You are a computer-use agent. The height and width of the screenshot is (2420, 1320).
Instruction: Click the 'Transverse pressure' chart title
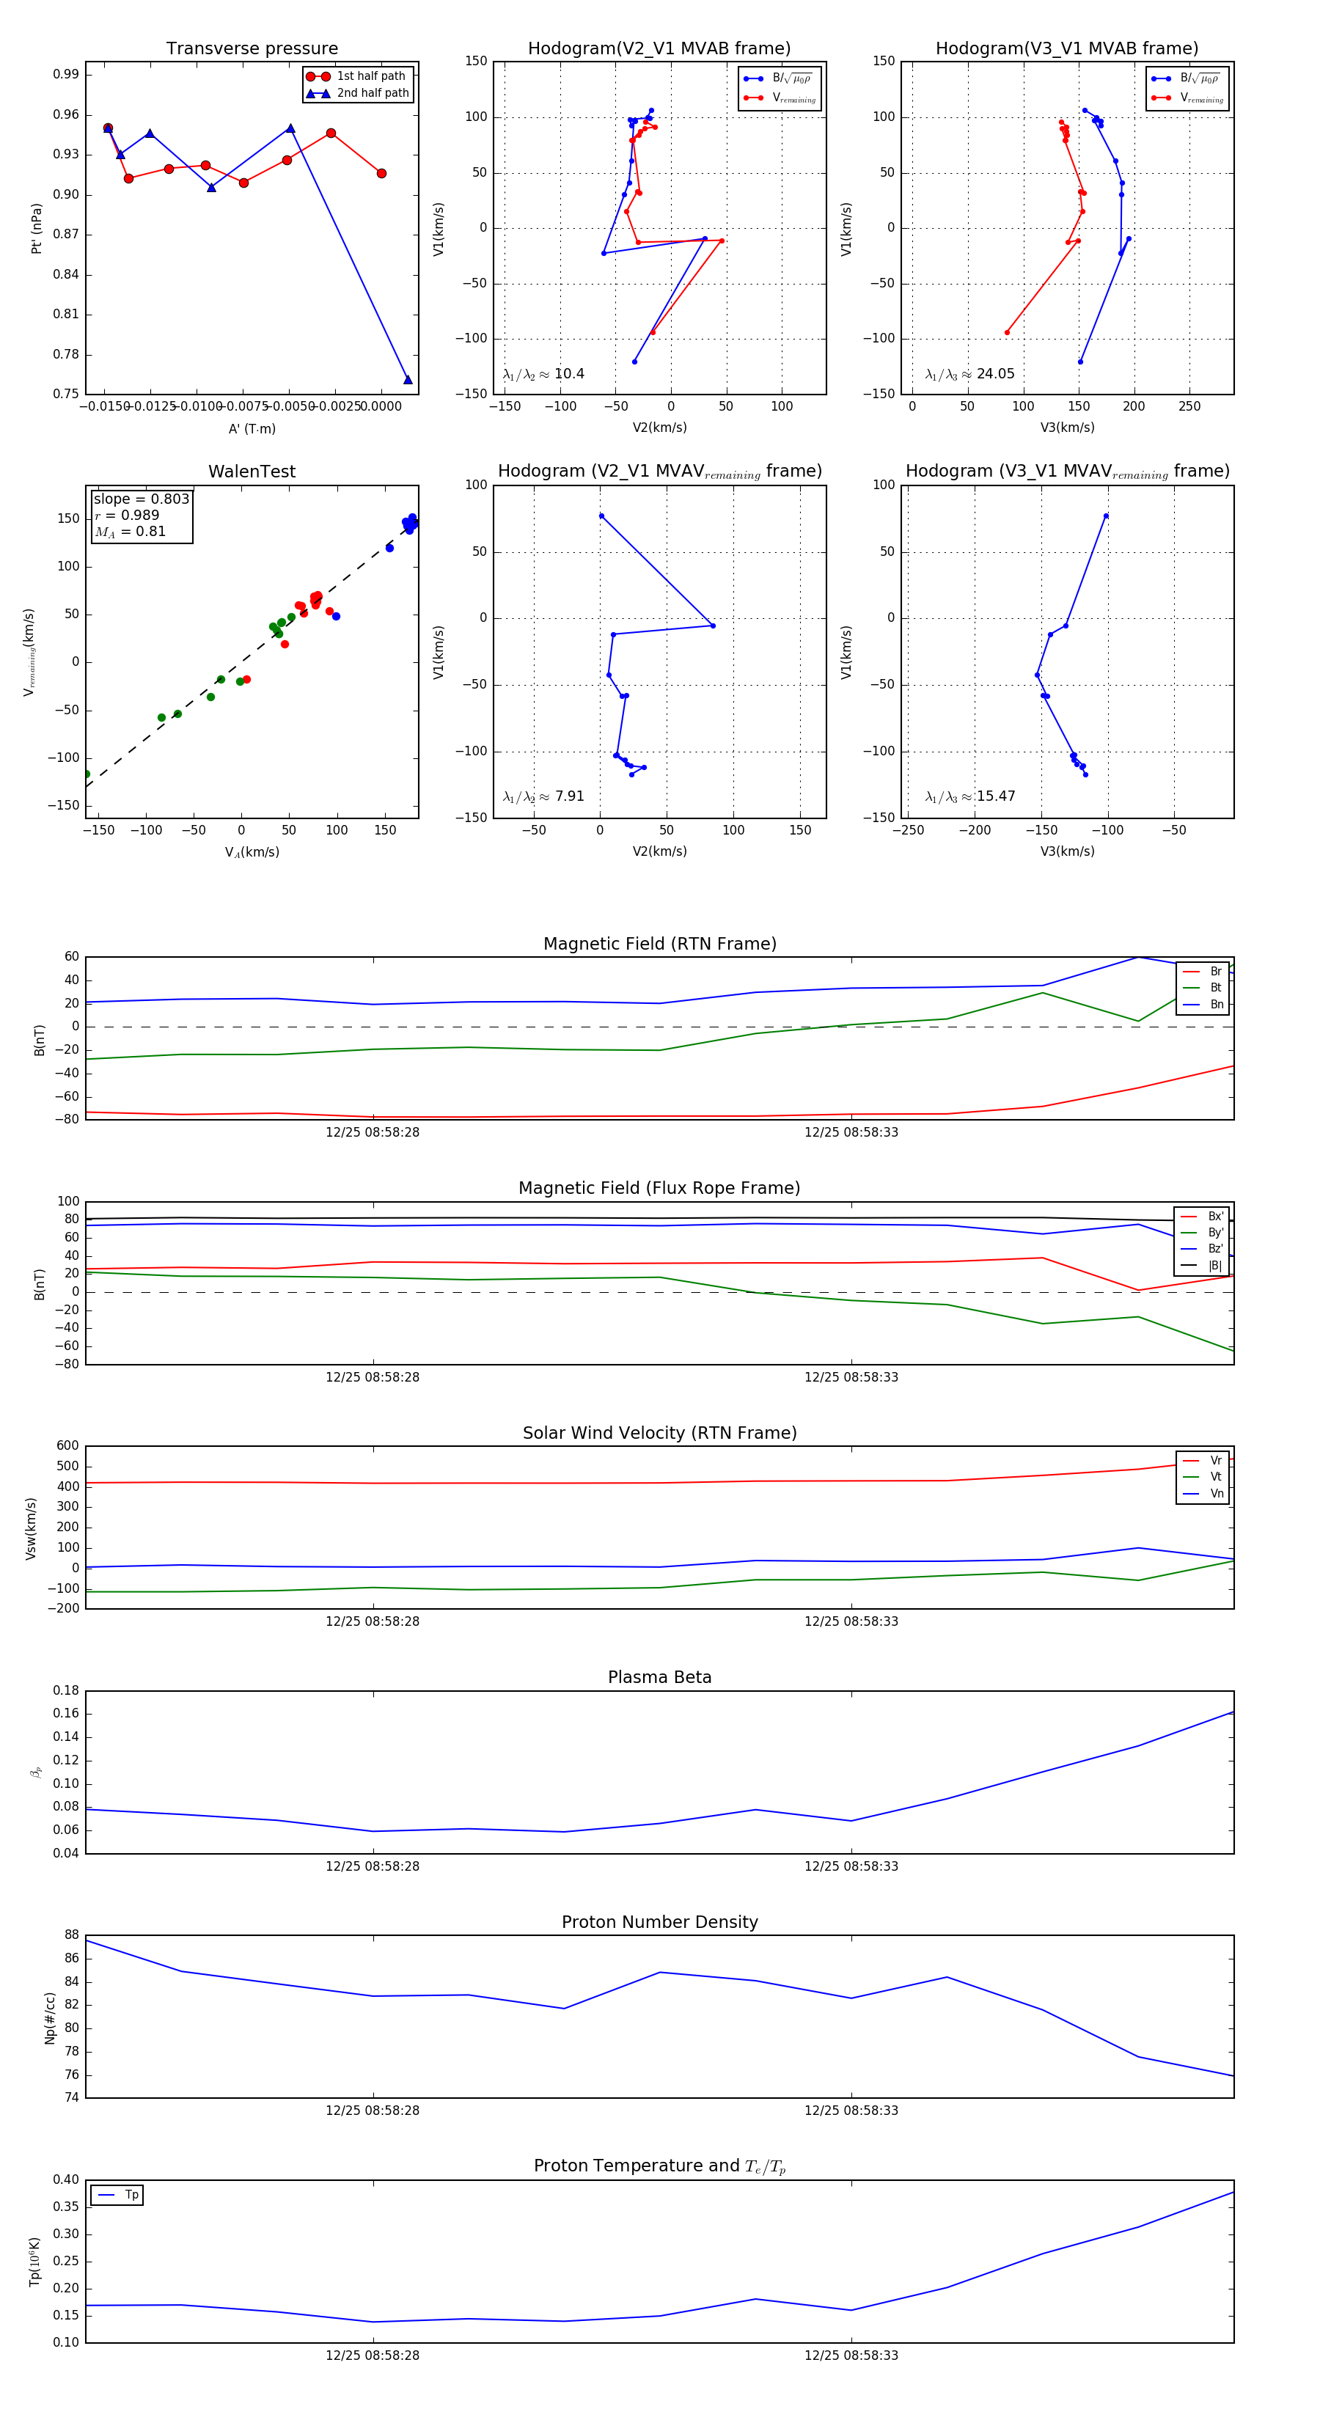[252, 49]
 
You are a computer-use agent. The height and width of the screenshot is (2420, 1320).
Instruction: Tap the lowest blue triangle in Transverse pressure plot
[408, 380]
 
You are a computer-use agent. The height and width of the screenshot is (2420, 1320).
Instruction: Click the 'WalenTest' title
[252, 472]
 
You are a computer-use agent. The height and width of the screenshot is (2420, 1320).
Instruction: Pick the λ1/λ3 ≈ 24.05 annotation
[969, 374]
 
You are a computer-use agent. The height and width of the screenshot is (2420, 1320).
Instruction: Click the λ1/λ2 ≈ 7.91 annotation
[543, 796]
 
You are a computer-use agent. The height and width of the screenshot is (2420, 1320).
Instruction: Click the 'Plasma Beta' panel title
[659, 1678]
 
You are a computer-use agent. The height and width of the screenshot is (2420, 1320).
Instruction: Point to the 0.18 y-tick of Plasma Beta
[66, 1690]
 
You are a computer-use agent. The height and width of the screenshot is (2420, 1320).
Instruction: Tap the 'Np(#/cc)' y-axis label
[50, 2018]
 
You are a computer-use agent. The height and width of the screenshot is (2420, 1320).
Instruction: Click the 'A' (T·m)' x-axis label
[252, 429]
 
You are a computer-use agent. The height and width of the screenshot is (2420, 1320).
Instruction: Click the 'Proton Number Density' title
[659, 1922]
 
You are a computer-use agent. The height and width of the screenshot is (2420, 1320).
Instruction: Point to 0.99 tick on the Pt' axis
[66, 74]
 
